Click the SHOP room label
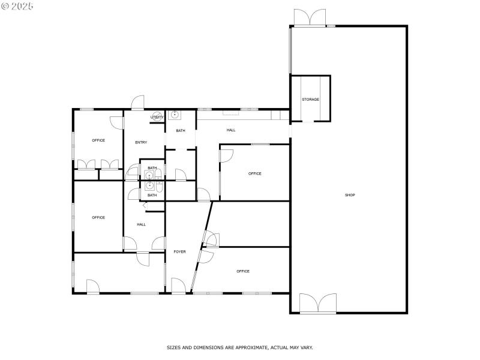(350, 195)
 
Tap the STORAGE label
(310, 99)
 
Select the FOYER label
(179, 251)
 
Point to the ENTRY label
(141, 142)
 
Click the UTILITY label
(157, 117)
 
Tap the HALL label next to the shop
(231, 130)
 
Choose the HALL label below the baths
(141, 224)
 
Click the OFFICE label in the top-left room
(98, 140)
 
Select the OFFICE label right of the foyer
(243, 271)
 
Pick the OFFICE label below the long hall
(255, 173)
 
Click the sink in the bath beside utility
(175, 114)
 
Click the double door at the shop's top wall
(310, 17)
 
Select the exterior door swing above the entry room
(139, 103)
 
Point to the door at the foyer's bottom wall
(178, 286)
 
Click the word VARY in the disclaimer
(306, 347)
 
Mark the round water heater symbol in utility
(156, 117)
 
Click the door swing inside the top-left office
(116, 121)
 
